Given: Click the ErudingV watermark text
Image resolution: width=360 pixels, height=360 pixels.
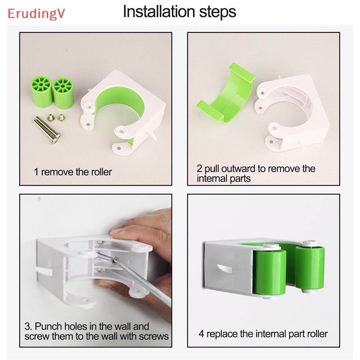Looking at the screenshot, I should pyautogui.click(x=36, y=13).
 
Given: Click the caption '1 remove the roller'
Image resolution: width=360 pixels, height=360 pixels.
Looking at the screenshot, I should pyautogui.click(x=73, y=172).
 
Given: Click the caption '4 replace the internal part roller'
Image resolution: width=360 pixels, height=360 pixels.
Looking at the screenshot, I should pyautogui.click(x=263, y=334).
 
